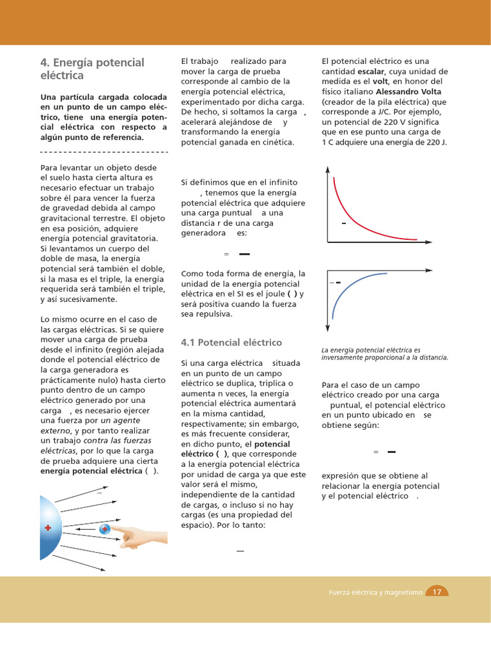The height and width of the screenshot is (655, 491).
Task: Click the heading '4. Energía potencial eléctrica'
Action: [92, 69]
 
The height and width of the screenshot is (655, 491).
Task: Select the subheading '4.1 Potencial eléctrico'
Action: [231, 342]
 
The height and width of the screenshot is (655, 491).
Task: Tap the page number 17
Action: [437, 592]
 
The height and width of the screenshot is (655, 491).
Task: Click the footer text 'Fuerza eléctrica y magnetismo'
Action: [375, 592]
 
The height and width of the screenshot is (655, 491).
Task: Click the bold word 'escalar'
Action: [371, 72]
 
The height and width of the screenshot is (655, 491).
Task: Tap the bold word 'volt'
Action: [381, 81]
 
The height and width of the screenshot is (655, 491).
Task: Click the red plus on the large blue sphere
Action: [48, 528]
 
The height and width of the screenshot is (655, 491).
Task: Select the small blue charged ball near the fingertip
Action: [104, 529]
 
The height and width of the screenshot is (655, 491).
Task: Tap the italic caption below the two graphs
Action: [384, 354]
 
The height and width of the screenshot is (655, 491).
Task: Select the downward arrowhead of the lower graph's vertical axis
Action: [328, 327]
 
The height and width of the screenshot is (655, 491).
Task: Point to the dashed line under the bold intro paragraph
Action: [104, 152]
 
